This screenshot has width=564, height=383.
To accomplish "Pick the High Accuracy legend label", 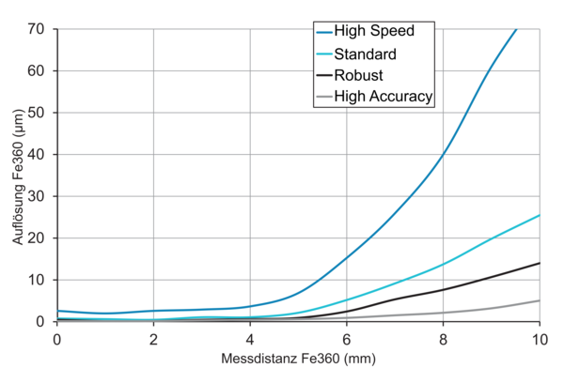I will click(x=387, y=95).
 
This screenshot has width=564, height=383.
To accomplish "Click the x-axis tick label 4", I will click(x=250, y=338).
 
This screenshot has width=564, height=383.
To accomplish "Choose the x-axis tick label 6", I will click(x=347, y=338).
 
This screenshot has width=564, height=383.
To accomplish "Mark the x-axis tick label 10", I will click(x=539, y=338).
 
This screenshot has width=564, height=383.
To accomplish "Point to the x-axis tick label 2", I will click(x=153, y=338).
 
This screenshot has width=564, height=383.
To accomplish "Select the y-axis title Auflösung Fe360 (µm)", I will click(x=18, y=176).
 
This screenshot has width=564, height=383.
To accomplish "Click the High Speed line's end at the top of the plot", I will click(x=515, y=30).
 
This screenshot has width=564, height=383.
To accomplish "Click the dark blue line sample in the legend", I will click(x=325, y=31).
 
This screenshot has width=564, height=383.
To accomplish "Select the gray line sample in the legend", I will click(x=325, y=95).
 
